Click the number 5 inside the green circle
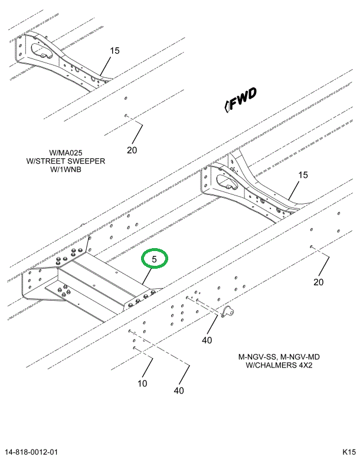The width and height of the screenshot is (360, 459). [155, 259]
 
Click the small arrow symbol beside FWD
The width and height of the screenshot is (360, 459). [227, 107]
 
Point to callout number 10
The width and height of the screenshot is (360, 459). [142, 384]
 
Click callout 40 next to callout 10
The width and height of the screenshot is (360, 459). [179, 390]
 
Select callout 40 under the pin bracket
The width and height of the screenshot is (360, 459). [207, 340]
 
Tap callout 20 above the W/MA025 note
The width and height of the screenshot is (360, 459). [132, 150]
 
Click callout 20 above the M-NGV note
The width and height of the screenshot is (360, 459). [319, 282]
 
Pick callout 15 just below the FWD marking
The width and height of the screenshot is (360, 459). [303, 175]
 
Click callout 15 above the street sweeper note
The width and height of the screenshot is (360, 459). [114, 51]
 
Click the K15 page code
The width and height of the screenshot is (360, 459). [348, 452]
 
